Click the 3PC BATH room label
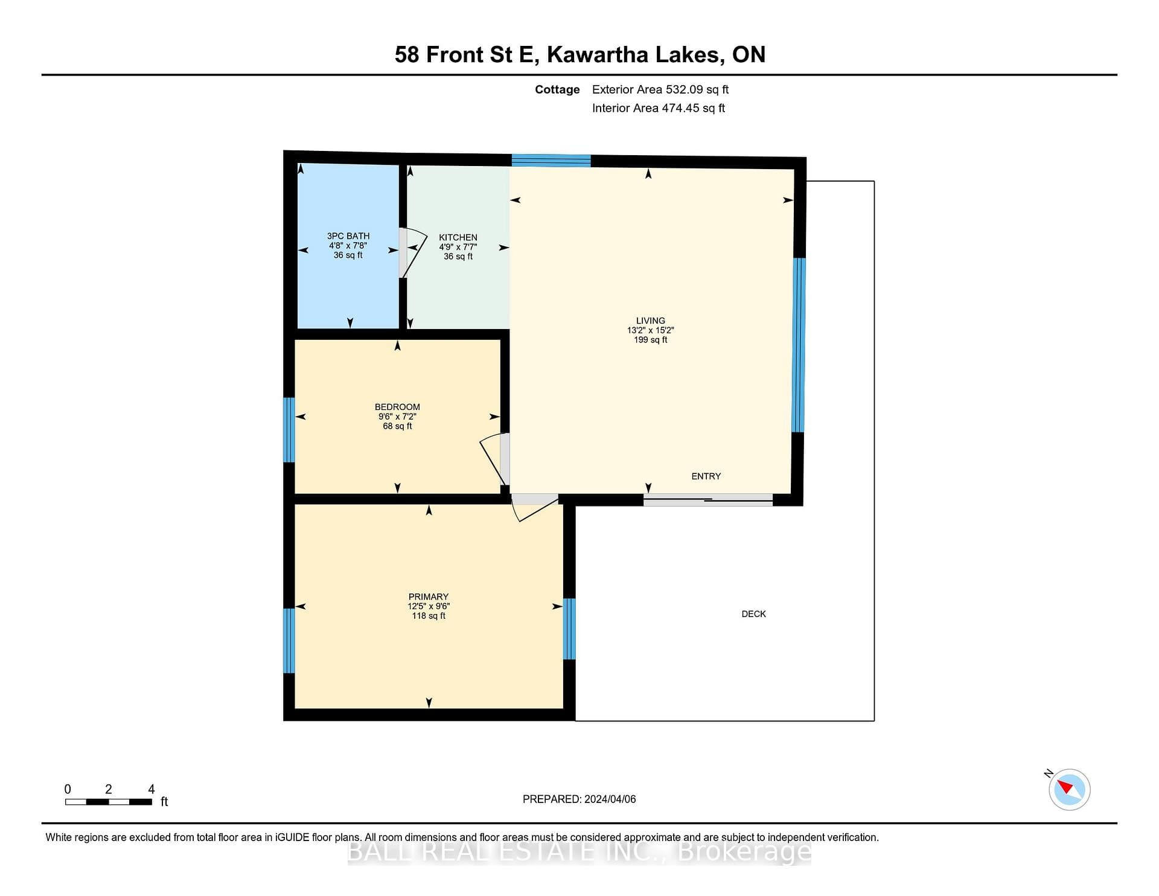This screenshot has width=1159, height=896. pyautogui.click(x=348, y=236)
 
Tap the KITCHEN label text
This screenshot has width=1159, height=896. pyautogui.click(x=458, y=237)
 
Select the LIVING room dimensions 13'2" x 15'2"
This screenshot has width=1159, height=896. pyautogui.click(x=651, y=330)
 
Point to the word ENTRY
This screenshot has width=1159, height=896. pyautogui.click(x=706, y=476)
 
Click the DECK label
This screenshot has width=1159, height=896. pyautogui.click(x=754, y=614)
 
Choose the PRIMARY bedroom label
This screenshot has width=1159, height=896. pyautogui.click(x=429, y=597)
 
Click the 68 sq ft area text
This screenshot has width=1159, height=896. pyautogui.click(x=397, y=426)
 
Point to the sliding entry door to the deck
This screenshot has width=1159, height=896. pyautogui.click(x=708, y=499)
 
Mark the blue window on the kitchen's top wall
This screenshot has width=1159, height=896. pyautogui.click(x=551, y=161)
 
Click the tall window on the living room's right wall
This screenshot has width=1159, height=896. pyautogui.click(x=799, y=345)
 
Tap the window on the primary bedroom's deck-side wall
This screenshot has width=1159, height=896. pyautogui.click(x=569, y=629)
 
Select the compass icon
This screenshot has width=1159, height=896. pyautogui.click(x=1069, y=789)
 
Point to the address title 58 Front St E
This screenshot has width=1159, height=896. pyautogui.click(x=465, y=54)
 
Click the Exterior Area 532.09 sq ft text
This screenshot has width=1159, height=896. pyautogui.click(x=660, y=89)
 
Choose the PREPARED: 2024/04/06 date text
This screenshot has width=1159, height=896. pyautogui.click(x=579, y=799)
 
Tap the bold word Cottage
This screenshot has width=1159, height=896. pyautogui.click(x=557, y=89)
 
